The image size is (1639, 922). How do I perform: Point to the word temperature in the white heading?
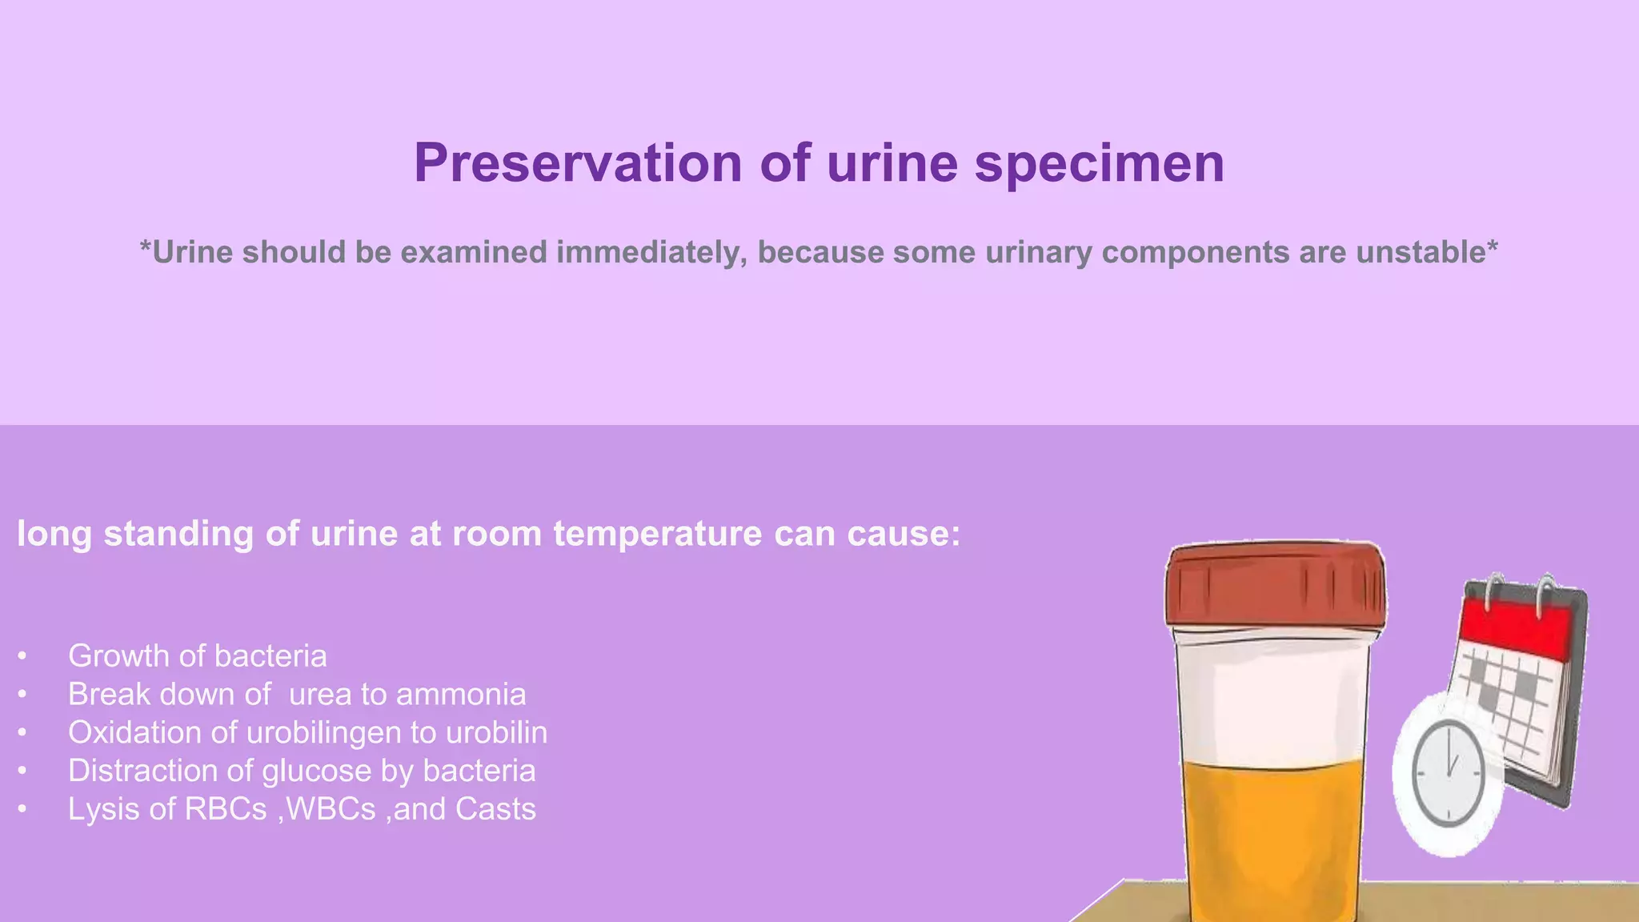coord(657,534)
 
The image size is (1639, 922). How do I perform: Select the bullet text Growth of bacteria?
coord(197,656)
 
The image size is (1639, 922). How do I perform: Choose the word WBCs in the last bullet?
coord(331,809)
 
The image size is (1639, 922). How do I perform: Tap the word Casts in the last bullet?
coord(495,809)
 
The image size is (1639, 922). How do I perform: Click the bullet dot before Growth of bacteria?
coord(22,657)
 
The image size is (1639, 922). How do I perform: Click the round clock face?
coord(1448,773)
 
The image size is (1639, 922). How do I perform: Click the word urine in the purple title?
coord(892,163)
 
